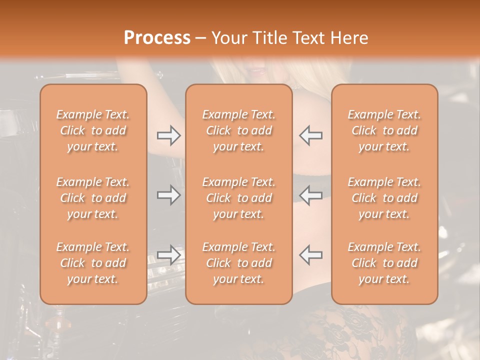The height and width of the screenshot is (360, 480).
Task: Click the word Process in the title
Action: [x=157, y=37]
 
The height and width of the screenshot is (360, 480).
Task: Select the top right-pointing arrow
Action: [x=168, y=135]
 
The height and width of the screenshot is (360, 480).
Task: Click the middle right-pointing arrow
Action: [x=168, y=195]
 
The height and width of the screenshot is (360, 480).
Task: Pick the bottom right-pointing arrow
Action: [x=168, y=255]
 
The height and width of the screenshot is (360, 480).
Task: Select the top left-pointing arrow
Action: [x=310, y=135]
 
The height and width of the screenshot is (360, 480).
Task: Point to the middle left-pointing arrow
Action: [x=310, y=195]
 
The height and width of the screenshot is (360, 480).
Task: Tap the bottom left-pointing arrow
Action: [x=310, y=255]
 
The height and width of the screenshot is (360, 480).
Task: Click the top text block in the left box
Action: [x=93, y=130]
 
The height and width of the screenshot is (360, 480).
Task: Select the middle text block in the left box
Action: [x=93, y=198]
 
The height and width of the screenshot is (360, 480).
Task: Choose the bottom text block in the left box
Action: [x=93, y=263]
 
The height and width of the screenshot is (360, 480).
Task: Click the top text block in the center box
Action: [x=239, y=130]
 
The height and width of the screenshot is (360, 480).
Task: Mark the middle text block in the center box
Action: [x=239, y=198]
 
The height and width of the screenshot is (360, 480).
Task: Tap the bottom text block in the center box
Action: [x=239, y=263]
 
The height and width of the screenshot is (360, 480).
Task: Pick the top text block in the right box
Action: [x=384, y=130]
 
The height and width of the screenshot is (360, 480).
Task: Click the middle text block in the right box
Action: [x=384, y=198]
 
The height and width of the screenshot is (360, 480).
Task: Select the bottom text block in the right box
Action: [x=384, y=263]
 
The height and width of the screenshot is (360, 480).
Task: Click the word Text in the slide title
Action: [x=306, y=37]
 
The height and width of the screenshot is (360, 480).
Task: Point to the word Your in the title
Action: [x=229, y=37]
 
